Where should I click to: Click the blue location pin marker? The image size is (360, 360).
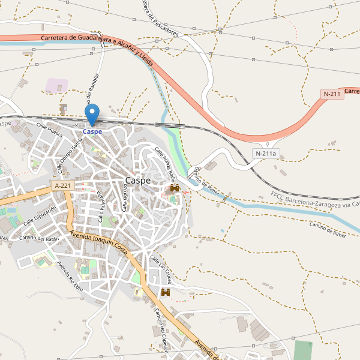pos(92,114)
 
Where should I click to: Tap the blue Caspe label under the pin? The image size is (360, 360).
pos(92,131)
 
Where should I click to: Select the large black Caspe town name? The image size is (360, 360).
pos(137,181)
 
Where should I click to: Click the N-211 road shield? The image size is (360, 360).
pos(332,94)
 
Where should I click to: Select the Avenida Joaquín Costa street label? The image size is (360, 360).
pos(98,242)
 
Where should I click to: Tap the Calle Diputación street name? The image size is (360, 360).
pos(40,216)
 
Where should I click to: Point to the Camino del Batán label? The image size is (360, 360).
pos(37,238)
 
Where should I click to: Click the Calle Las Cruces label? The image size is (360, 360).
pos(161,269)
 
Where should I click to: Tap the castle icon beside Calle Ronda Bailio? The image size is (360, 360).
pos(175,188)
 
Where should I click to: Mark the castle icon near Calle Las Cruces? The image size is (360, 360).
pos(166,292)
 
